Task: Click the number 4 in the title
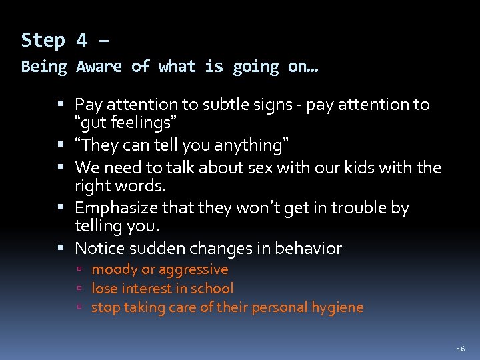81,41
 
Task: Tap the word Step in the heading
43,41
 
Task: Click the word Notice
98,249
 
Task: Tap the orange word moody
111,270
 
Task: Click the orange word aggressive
193,270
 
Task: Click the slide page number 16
461,349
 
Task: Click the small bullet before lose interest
79,289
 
